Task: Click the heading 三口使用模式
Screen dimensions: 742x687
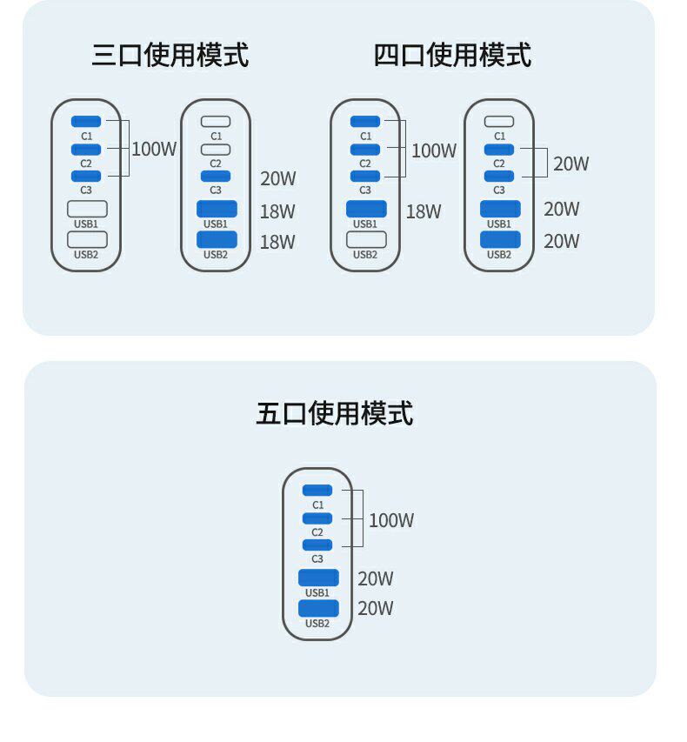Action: (x=170, y=55)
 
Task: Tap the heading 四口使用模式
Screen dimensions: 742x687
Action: (x=452, y=55)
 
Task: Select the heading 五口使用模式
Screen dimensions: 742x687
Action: (x=335, y=413)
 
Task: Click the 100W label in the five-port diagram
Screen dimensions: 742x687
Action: (x=391, y=520)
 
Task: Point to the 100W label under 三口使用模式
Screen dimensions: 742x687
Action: (x=154, y=149)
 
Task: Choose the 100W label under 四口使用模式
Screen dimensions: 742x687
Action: (x=434, y=150)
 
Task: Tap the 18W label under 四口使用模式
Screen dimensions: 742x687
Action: (x=424, y=211)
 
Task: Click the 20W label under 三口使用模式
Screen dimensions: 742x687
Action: (x=278, y=179)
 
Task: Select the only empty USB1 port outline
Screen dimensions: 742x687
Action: (x=87, y=209)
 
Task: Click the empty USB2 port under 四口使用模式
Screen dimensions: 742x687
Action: (x=366, y=239)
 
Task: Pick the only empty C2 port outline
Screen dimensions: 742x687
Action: (x=216, y=150)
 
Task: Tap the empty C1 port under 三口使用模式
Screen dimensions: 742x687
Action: (x=216, y=122)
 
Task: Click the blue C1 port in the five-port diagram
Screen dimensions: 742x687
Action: (x=317, y=491)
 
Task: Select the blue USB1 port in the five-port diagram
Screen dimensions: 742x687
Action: (x=318, y=578)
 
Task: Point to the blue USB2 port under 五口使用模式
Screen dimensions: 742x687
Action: (x=318, y=608)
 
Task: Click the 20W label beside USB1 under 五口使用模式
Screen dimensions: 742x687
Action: (x=376, y=578)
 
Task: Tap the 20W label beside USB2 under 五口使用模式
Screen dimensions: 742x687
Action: (x=376, y=608)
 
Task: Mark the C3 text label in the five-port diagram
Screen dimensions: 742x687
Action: (x=317, y=558)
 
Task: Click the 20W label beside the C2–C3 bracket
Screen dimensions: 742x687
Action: (x=571, y=164)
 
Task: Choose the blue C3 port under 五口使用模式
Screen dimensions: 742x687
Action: (x=317, y=545)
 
